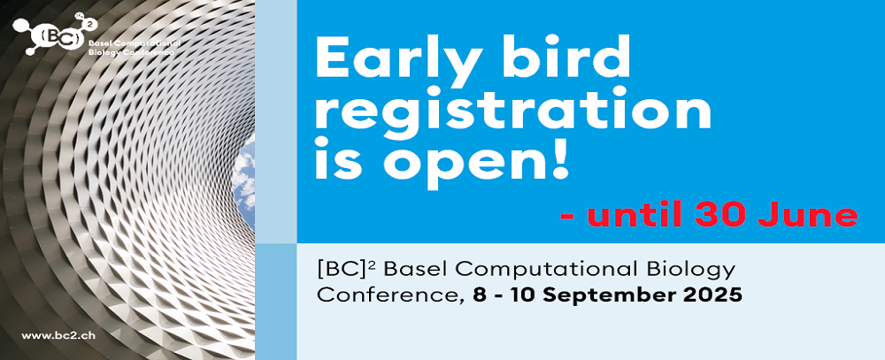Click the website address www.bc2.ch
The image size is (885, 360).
[58, 334]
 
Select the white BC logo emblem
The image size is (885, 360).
[55, 35]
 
